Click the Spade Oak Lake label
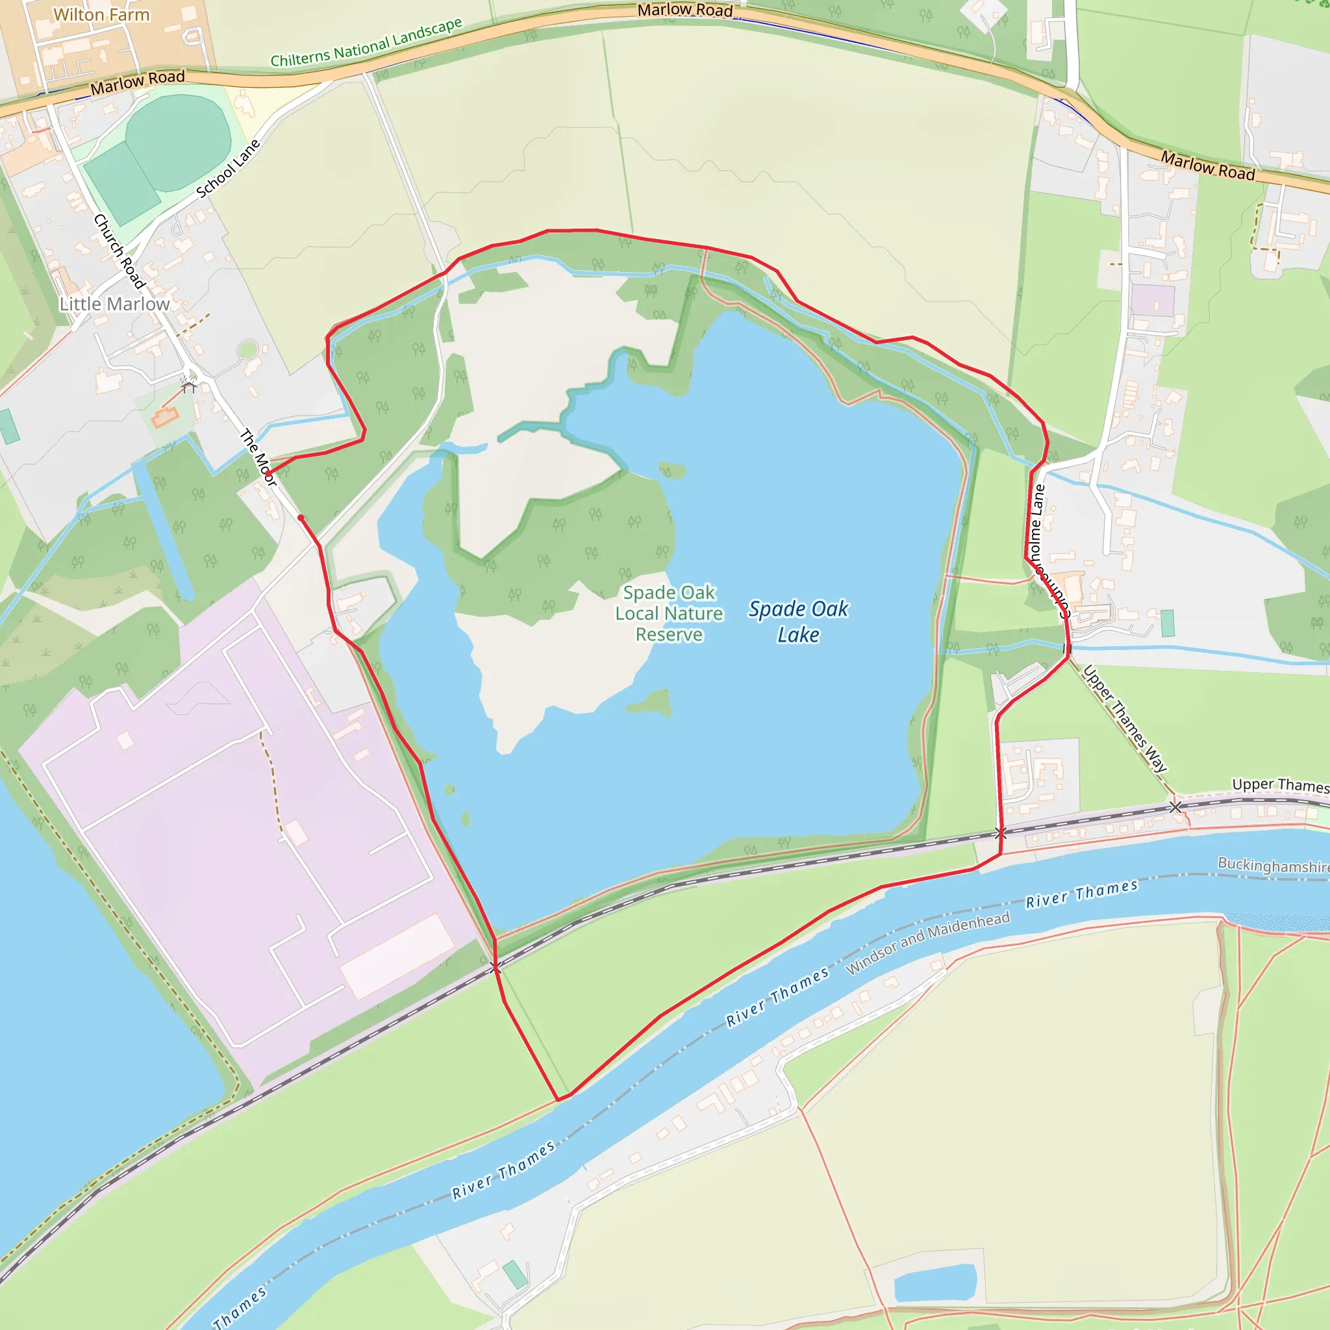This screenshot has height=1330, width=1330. click(798, 621)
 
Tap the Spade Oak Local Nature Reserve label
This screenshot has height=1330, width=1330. click(669, 613)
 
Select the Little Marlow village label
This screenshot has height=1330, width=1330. click(114, 305)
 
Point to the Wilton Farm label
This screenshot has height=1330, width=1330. click(101, 14)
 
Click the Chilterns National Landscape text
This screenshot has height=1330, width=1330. click(366, 43)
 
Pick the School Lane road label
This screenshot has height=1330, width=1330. click(228, 169)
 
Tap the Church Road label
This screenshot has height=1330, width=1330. click(119, 251)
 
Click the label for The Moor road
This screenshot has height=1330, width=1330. click(258, 457)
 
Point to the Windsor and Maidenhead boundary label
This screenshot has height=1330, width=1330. click(927, 942)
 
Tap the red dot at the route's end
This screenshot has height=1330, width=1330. click(301, 518)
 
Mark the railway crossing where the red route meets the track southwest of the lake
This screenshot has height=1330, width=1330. click(495, 968)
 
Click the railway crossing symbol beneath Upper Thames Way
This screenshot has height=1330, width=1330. click(1175, 807)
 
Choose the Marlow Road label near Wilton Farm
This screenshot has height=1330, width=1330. click(138, 82)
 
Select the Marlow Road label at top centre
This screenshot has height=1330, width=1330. click(684, 10)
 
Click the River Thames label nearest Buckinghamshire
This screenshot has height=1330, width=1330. click(1081, 894)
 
